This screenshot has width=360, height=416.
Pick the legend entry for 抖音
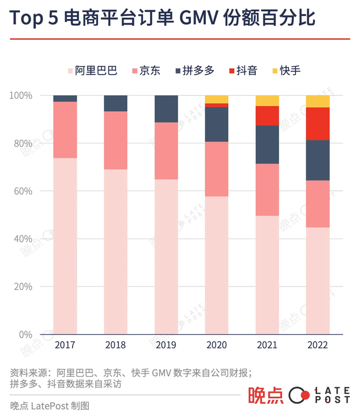(242, 70)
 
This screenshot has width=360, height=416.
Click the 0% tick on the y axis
(25, 334)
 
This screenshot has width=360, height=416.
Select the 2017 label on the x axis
(65, 345)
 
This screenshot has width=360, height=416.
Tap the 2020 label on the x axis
(217, 345)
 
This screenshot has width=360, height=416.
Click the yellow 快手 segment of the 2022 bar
(318, 101)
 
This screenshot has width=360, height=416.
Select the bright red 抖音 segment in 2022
(318, 124)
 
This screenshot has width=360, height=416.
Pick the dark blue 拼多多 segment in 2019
(166, 109)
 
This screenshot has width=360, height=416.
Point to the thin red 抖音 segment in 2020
(217, 105)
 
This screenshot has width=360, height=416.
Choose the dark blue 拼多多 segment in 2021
(267, 144)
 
